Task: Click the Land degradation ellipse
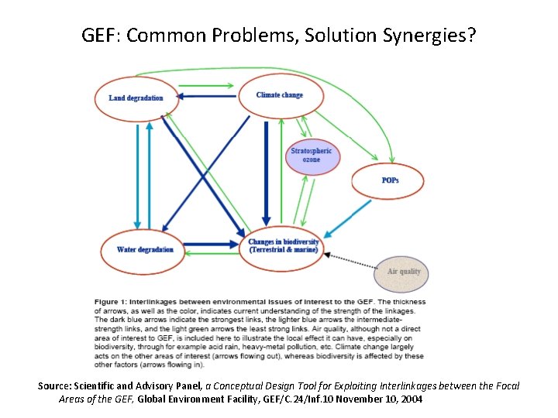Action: (136, 98)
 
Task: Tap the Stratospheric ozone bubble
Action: (311, 155)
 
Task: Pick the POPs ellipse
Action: (391, 181)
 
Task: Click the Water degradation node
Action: (145, 249)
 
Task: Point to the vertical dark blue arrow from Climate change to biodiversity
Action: (266, 170)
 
